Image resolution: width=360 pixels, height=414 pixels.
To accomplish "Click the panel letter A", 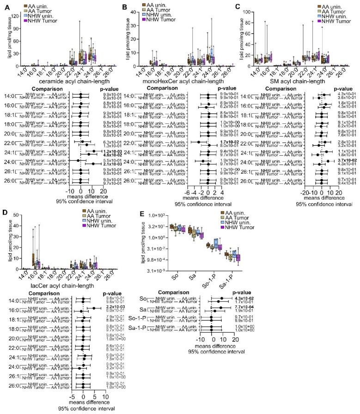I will [x=5, y=6].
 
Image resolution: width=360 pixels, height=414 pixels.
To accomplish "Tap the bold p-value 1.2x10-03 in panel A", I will [x=112, y=151].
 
